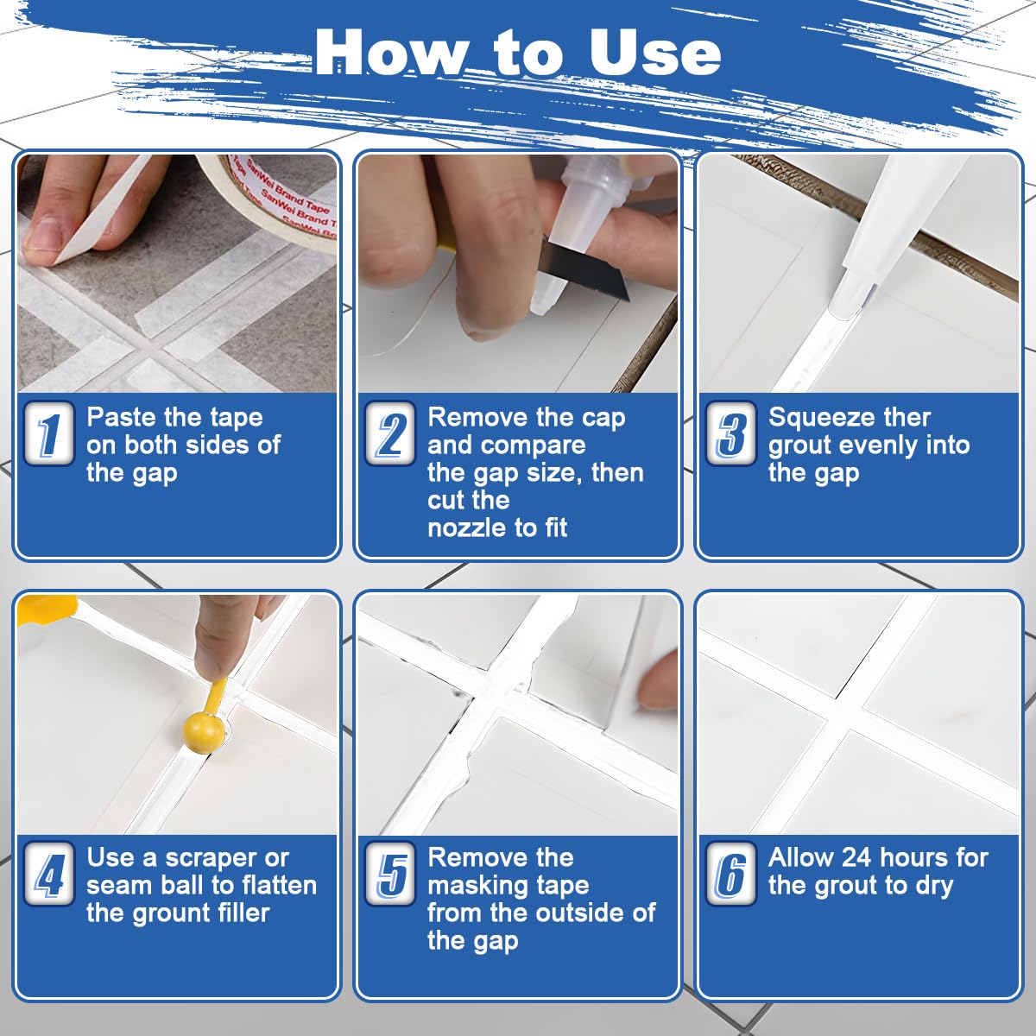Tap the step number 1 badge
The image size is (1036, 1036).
(x=48, y=433)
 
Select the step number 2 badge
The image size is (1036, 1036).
(x=390, y=433)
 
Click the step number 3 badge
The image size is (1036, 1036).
(x=730, y=433)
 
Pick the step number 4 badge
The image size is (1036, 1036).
(x=48, y=875)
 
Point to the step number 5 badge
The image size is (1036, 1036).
(x=390, y=875)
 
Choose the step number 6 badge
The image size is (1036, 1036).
(x=730, y=875)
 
